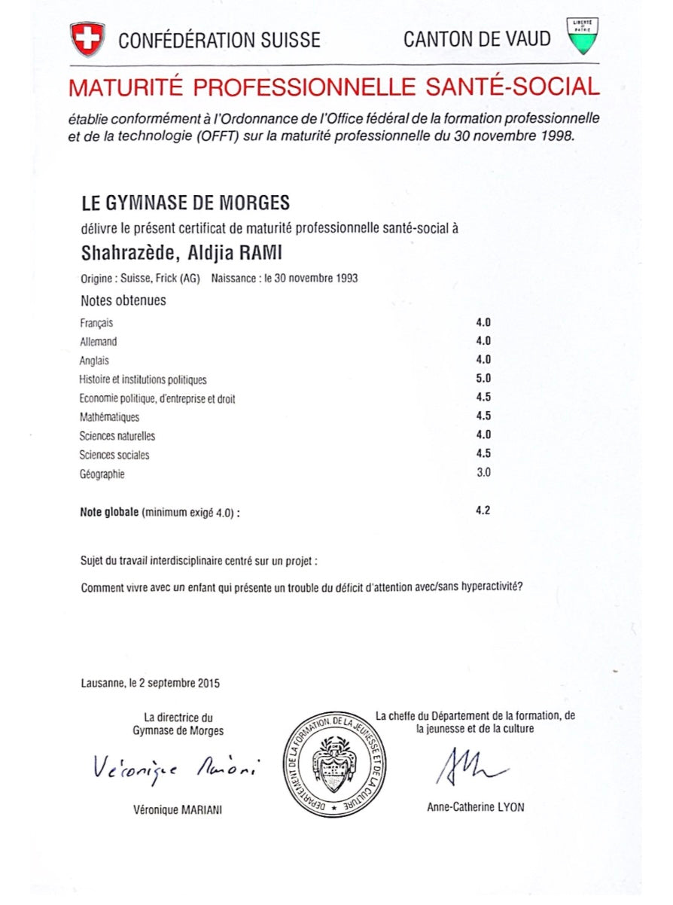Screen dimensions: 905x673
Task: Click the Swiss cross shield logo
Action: (87, 38)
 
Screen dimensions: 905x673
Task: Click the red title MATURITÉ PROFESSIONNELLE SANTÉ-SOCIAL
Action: (333, 87)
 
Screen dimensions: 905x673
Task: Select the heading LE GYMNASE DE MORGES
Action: (184, 203)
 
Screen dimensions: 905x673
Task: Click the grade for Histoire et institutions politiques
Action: (483, 379)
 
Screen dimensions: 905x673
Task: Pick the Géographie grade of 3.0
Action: (483, 473)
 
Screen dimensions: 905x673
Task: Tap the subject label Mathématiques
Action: (109, 417)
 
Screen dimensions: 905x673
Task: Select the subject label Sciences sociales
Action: (114, 455)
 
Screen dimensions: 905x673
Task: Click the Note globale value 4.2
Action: (483, 511)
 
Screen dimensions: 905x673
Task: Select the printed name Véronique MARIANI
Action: (178, 809)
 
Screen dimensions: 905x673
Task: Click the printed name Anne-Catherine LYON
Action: (475, 807)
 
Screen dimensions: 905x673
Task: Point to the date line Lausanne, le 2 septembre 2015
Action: (150, 684)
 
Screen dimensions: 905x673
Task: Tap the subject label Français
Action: (96, 323)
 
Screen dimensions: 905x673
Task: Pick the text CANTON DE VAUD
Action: (477, 39)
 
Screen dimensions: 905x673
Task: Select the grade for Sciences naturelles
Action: (483, 435)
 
